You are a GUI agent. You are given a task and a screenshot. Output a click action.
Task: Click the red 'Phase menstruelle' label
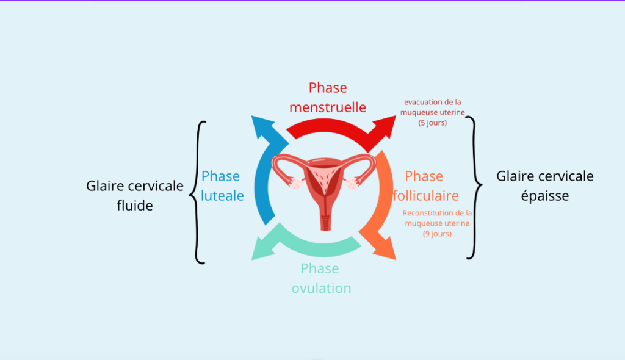pos(328,98)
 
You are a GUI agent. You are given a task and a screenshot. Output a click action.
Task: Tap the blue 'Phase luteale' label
pos(222,186)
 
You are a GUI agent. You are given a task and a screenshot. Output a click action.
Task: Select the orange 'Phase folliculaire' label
pos(425,186)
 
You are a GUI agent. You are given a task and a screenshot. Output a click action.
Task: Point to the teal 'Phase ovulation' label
pos(320,278)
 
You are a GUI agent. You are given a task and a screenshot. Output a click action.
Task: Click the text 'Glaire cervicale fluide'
pos(135,195)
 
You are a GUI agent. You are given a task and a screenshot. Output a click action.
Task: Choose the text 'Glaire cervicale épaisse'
pos(544,185)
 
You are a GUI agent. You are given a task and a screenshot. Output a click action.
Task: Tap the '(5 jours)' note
pos(433,123)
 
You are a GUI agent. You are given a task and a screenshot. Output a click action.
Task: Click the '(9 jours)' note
pos(437,234)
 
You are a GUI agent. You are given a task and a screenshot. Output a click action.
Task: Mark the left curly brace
pos(200,192)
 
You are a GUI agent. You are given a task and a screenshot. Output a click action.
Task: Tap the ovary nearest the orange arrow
pos(352,183)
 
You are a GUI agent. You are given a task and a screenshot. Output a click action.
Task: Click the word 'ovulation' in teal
pos(322,288)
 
